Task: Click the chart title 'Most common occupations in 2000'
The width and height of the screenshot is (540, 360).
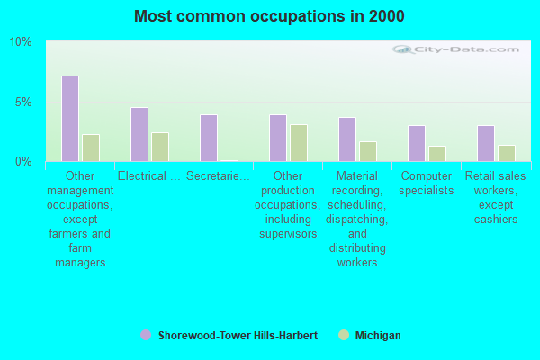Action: tap(269, 16)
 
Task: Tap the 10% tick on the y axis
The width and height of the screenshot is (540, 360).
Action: tap(21, 42)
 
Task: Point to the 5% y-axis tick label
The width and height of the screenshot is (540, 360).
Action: tap(23, 102)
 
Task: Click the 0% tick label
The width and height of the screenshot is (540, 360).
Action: tap(23, 161)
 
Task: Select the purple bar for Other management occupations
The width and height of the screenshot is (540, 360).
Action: tap(70, 119)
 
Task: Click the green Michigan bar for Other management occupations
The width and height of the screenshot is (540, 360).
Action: tap(90, 148)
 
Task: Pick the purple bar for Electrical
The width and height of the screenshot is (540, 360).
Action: tap(139, 134)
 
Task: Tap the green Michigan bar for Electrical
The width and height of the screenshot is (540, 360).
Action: tap(159, 147)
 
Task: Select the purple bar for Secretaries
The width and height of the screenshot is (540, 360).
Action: tap(209, 138)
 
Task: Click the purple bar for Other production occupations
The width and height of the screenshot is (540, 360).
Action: tap(278, 138)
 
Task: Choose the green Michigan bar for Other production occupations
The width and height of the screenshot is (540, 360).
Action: tap(298, 143)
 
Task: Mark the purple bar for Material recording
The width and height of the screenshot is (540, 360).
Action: tap(347, 139)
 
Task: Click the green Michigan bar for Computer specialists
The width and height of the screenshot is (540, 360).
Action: tap(436, 153)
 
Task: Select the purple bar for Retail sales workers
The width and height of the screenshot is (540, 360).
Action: tap(486, 143)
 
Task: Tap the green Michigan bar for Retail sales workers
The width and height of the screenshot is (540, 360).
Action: tap(506, 153)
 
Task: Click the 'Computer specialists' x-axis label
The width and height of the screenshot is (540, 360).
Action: tap(427, 184)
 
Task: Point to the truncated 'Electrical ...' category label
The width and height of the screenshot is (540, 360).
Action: tap(149, 176)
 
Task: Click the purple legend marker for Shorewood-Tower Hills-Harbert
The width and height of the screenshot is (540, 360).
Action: tap(146, 336)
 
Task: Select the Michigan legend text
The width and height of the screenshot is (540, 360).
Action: tap(378, 336)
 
